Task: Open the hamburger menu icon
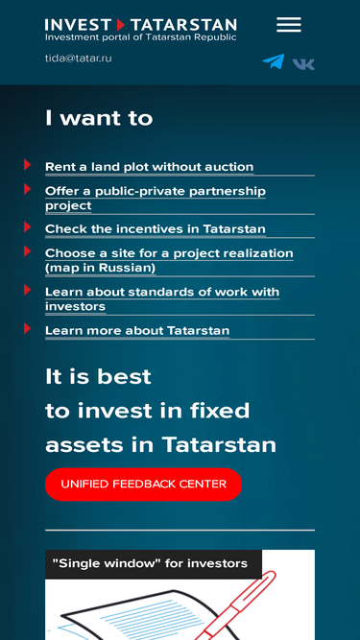click(289, 25)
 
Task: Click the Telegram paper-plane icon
click(274, 61)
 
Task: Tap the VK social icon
click(303, 64)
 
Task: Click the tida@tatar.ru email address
click(79, 58)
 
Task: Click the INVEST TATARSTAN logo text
click(141, 25)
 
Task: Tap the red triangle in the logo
click(120, 25)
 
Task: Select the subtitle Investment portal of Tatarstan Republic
click(141, 37)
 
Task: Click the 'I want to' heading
click(99, 118)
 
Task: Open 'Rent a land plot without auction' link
click(150, 167)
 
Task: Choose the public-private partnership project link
click(156, 199)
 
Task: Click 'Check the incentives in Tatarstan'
click(156, 229)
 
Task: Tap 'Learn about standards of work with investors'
click(162, 299)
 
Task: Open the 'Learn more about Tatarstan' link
click(137, 331)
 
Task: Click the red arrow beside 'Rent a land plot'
click(27, 164)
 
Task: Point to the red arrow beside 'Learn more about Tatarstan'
click(27, 328)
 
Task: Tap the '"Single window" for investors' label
click(150, 563)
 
